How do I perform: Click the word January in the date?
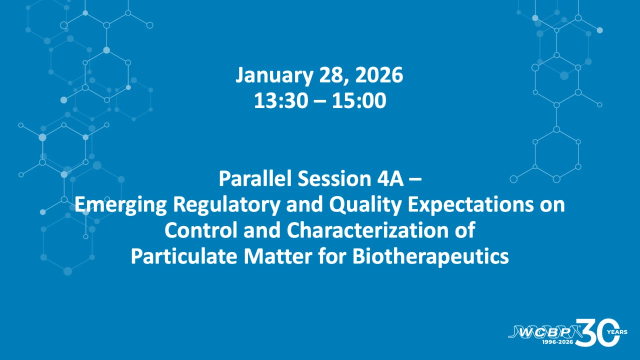coord(274,75)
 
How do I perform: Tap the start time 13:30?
coord(281,100)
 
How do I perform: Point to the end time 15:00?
coord(359,100)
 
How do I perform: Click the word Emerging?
coord(120,205)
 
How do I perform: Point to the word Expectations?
coord(470,204)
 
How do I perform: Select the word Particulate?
coord(184,256)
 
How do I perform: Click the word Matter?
coord(277,256)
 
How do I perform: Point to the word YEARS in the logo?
coord(617,332)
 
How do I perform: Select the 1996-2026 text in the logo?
coord(557,342)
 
